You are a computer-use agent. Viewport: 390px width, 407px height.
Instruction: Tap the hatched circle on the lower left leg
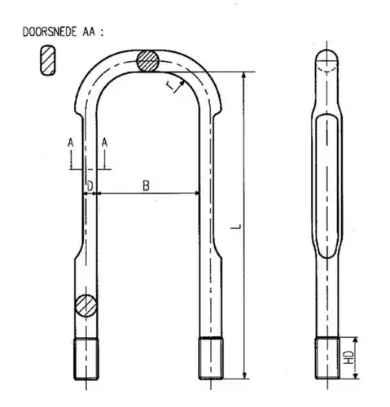85,305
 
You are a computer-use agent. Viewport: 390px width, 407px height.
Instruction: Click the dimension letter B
146,186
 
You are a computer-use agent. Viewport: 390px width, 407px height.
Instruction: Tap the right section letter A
105,142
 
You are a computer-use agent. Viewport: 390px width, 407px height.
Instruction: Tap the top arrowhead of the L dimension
243,74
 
